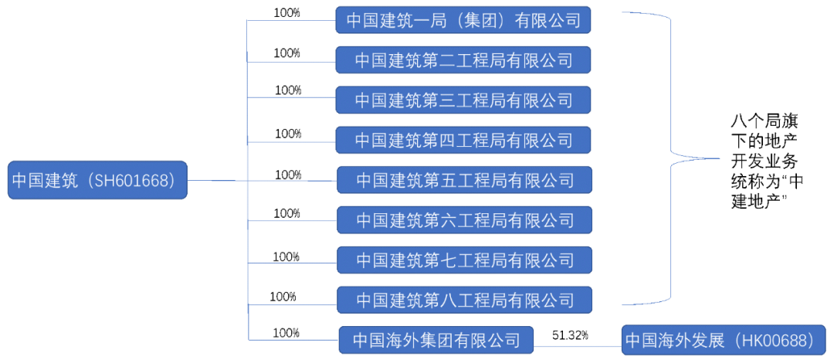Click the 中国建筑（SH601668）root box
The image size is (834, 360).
point(97,181)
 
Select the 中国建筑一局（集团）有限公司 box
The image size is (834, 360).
point(463,20)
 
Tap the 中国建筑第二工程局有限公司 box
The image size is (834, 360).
point(463,59)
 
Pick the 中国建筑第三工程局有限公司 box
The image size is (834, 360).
point(463,100)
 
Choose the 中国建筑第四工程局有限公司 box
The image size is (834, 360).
point(463,140)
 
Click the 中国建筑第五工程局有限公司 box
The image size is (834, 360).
point(464,180)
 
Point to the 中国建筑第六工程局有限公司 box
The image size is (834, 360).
point(464,220)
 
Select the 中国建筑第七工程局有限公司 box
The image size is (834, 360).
point(464,260)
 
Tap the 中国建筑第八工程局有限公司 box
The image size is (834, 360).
point(464,300)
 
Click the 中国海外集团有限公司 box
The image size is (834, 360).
point(436,340)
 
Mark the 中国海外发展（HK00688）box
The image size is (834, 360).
point(723,340)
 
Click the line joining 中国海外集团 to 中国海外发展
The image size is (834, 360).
point(578,345)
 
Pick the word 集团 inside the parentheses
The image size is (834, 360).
point(479,20)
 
